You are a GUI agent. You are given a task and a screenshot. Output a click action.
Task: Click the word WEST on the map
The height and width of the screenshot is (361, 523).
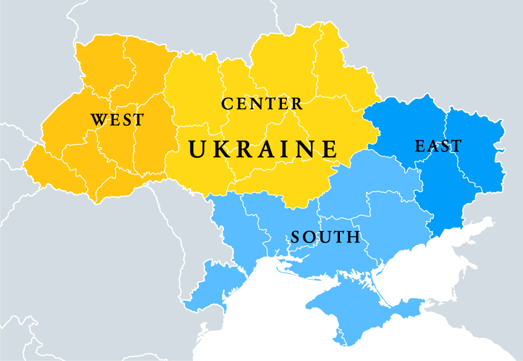117,119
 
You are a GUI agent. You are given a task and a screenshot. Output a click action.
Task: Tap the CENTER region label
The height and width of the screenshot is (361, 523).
262,103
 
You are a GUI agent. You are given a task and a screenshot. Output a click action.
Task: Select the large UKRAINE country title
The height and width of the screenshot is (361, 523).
263,149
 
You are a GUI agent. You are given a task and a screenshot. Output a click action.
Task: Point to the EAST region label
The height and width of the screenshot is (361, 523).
438,146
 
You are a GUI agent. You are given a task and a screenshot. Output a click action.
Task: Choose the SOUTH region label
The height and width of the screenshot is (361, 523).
325,237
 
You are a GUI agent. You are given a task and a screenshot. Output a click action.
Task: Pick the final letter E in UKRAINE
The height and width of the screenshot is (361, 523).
329,149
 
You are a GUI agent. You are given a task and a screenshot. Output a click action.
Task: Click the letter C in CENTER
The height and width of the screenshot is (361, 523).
227,103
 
